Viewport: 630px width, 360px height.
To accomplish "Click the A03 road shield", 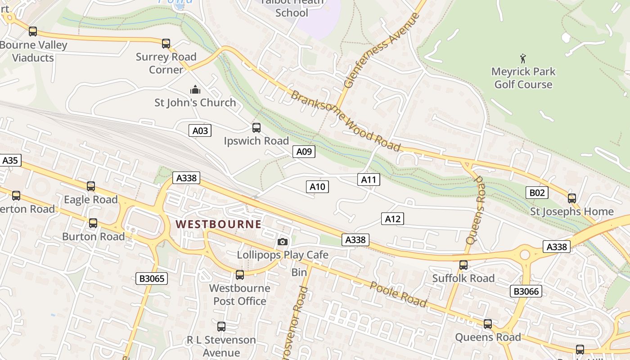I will pyautogui.click(x=200, y=131).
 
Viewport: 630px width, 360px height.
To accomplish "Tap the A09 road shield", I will pyautogui.click(x=304, y=152).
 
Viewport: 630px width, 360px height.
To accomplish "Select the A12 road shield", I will pyautogui.click(x=392, y=219).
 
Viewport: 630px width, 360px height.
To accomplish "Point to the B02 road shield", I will pyautogui.click(x=536, y=193).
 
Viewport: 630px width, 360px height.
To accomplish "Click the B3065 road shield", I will pyautogui.click(x=152, y=279).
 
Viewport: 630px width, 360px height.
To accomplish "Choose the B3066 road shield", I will pyautogui.click(x=526, y=291).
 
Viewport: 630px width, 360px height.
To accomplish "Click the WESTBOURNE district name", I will pyautogui.click(x=218, y=224).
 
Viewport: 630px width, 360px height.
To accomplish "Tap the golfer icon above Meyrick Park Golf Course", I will pyautogui.click(x=523, y=58).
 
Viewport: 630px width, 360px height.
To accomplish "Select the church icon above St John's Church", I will pyautogui.click(x=195, y=90).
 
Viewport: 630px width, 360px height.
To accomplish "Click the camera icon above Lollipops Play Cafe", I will pyautogui.click(x=283, y=242).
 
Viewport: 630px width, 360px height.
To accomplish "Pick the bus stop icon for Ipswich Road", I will pyautogui.click(x=256, y=128).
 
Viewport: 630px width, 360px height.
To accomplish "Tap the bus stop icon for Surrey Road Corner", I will pyautogui.click(x=166, y=44).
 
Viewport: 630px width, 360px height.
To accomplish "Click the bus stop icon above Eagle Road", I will pyautogui.click(x=91, y=186).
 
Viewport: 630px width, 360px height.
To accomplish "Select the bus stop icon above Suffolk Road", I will pyautogui.click(x=463, y=265).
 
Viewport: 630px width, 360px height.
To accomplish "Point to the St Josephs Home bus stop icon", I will pyautogui.click(x=572, y=198).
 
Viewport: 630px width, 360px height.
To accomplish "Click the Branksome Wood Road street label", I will pyautogui.click(x=346, y=121).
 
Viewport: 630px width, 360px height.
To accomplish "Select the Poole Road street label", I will pyautogui.click(x=398, y=295).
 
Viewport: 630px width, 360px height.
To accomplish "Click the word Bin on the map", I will pyautogui.click(x=299, y=272).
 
